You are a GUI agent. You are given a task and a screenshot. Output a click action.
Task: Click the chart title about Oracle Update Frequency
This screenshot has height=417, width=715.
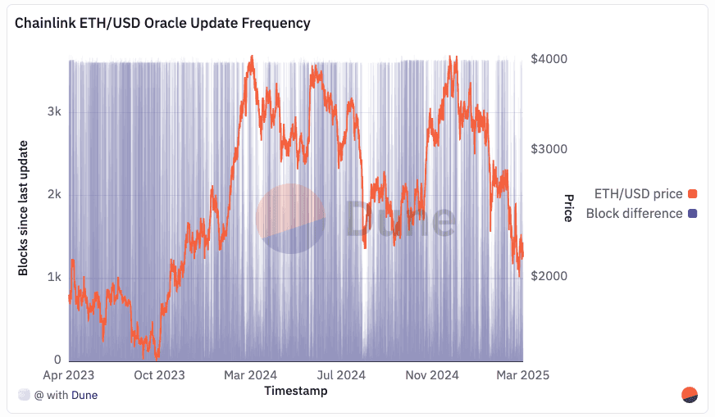162,23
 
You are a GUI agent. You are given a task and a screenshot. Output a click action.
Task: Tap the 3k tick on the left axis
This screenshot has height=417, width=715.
53,112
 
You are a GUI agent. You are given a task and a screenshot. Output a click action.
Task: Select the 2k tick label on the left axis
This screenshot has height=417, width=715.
53,195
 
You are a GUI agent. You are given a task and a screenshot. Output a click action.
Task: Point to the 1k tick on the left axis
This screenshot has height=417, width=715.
53,277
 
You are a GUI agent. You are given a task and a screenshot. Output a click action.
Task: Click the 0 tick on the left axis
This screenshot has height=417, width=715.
57,360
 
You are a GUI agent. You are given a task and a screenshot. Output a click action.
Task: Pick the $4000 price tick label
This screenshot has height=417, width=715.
549,59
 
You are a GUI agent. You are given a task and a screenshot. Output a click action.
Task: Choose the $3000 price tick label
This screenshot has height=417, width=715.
549,149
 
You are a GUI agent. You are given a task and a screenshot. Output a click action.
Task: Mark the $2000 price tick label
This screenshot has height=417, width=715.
549,276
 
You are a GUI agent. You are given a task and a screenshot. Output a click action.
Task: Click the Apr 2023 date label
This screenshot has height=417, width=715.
69,375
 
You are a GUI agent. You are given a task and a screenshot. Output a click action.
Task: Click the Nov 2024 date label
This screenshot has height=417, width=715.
431,375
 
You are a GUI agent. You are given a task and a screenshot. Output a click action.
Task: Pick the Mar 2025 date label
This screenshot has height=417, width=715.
521,375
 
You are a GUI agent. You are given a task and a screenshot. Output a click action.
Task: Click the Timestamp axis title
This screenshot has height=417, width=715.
296,392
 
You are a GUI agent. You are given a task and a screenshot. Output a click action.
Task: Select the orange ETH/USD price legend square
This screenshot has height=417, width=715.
692,194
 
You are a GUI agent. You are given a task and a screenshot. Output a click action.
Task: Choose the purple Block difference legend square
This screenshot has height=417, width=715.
692,214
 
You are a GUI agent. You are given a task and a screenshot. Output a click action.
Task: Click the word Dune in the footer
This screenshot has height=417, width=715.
83,395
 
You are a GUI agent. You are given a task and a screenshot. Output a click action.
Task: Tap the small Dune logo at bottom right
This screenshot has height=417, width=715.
690,395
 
